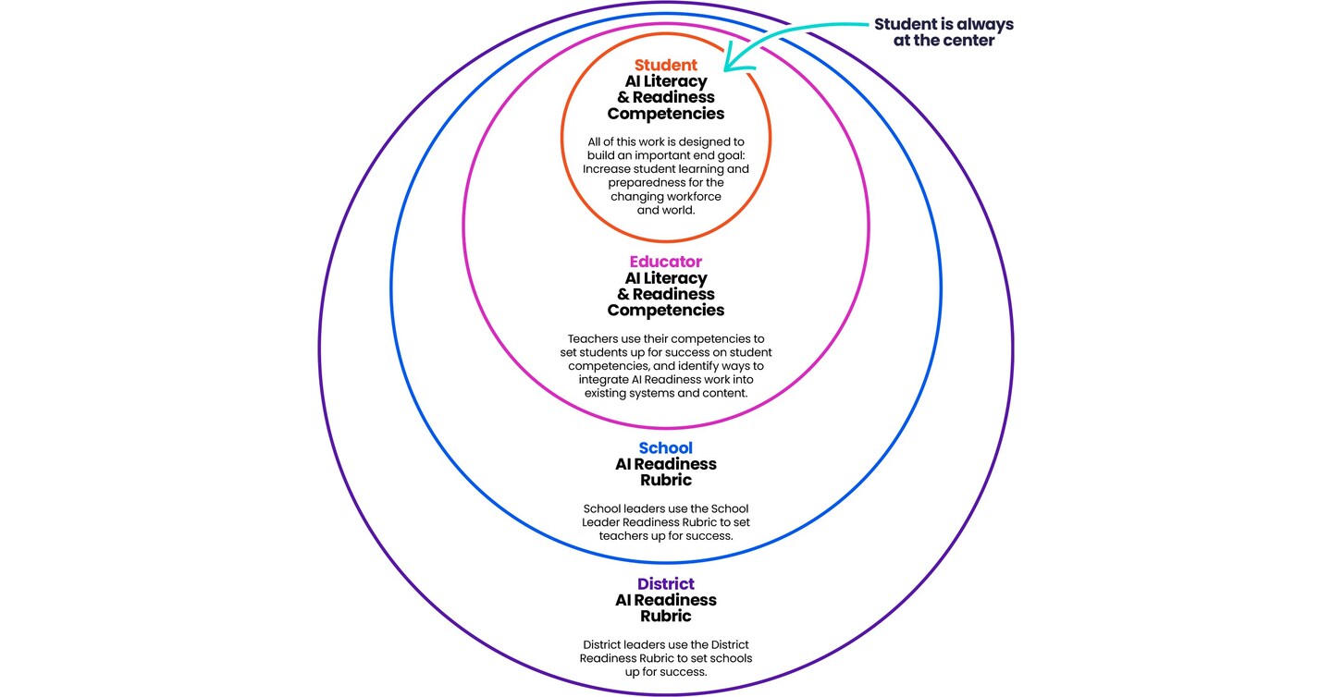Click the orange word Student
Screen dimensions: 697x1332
665,66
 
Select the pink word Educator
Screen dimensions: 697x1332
665,262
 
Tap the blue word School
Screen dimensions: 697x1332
665,448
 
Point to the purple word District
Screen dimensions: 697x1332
665,584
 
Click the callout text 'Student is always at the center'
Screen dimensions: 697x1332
943,32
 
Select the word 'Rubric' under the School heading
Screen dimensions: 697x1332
665,481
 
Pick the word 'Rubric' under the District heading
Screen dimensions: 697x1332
665,617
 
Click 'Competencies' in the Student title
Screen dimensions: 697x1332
665,114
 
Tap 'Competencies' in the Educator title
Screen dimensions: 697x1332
665,310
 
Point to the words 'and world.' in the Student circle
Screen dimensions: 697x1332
665,210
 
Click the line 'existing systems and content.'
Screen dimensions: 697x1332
665,394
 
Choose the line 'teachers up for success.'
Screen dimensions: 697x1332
665,535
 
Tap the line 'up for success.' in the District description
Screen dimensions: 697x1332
665,672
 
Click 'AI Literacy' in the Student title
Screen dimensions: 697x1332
665,81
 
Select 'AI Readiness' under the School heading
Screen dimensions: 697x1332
665,464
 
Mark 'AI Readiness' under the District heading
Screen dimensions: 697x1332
665,600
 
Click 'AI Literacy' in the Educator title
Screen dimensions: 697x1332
665,277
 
